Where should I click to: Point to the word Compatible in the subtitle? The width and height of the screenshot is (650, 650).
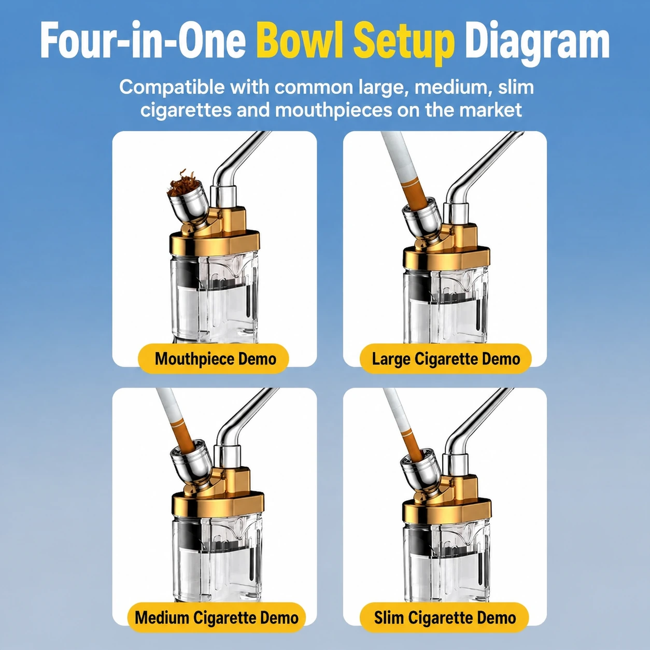pyautogui.click(x=172, y=88)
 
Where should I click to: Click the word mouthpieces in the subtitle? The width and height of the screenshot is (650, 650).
pyautogui.click(x=336, y=110)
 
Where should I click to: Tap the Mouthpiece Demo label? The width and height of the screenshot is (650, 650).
pyautogui.click(x=214, y=359)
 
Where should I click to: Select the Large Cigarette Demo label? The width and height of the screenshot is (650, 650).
pyautogui.click(x=446, y=359)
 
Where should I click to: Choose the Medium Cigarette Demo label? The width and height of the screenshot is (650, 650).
pyautogui.click(x=216, y=618)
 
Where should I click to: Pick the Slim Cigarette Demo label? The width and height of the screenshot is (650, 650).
pyautogui.click(x=445, y=618)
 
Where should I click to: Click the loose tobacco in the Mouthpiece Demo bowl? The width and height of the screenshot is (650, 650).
pyautogui.click(x=182, y=183)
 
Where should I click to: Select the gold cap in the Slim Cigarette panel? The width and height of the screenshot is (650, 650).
pyautogui.click(x=447, y=499)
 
